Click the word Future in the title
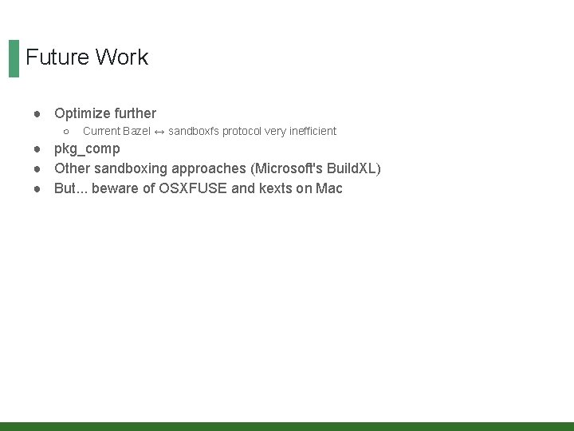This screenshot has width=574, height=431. (57, 57)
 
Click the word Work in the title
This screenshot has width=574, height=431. (122, 57)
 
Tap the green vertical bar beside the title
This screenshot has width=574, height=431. (14, 58)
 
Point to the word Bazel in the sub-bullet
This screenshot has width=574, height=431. (136, 131)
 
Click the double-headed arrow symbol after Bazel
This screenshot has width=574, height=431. (159, 131)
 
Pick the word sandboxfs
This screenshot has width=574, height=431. (194, 131)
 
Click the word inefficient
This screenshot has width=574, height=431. (311, 131)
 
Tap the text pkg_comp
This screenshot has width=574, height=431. (87, 149)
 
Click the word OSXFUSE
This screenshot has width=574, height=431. (193, 188)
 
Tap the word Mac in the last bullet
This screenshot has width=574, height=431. (329, 188)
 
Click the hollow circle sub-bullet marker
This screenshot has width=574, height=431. (66, 131)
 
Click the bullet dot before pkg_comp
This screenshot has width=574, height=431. (38, 149)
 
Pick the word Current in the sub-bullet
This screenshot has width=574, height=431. (102, 131)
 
